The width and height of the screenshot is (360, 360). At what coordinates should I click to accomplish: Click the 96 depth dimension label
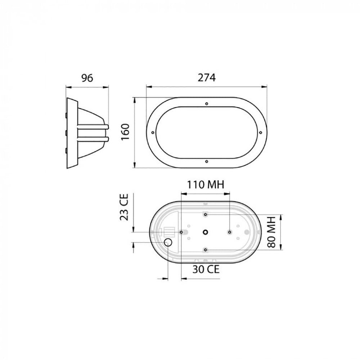pos(87,78)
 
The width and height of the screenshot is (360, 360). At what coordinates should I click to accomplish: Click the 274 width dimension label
pos(207,78)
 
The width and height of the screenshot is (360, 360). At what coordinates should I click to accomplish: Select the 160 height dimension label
pos(126,132)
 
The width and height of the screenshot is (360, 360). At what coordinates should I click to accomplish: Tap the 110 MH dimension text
pos(206,185)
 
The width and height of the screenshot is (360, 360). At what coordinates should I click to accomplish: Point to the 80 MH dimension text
pos(271,232)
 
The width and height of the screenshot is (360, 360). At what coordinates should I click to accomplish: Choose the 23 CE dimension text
pos(124,207)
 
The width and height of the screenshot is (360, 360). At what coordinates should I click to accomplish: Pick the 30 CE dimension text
pos(206,269)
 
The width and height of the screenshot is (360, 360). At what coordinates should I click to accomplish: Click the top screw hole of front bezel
pos(207,104)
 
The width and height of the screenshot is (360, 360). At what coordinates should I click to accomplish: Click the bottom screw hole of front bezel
pos(207,161)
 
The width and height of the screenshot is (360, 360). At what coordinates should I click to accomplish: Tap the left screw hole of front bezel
pos(153,132)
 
